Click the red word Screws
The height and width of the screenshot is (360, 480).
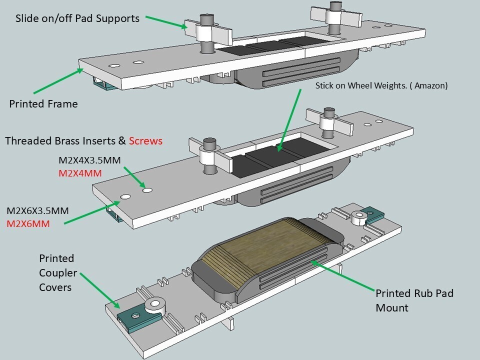145,141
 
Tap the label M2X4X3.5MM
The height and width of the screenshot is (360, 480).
89,160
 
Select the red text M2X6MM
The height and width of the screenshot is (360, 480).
28,224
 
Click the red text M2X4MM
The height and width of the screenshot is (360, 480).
80,173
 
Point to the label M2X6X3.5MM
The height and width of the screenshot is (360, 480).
37,210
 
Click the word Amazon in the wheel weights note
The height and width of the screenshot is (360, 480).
430,85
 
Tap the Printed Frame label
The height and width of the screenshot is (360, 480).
43,104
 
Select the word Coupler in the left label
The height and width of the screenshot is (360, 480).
58,273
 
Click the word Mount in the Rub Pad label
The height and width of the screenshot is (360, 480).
392,307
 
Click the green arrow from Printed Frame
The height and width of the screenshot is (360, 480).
58,81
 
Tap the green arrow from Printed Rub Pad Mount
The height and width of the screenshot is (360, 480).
342,275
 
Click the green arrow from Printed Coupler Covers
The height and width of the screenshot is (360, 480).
100,290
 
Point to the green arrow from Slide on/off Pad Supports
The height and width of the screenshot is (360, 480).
166,22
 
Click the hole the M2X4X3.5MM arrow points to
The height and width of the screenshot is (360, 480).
147,190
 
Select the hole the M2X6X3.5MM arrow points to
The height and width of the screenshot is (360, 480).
125,197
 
